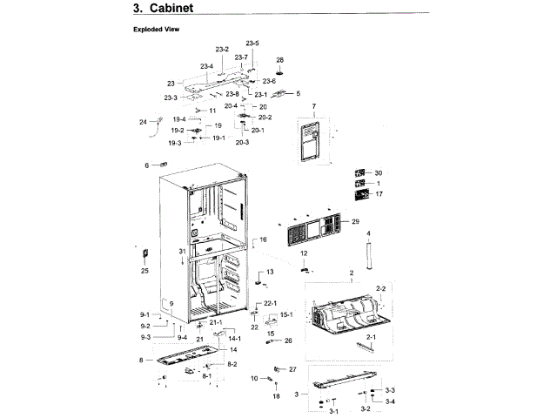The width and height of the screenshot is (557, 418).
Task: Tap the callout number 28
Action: [x=280, y=60]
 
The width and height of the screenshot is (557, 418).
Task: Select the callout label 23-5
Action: [x=252, y=44]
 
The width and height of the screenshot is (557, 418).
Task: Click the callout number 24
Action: [x=143, y=122]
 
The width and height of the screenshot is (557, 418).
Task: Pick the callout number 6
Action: [x=147, y=165]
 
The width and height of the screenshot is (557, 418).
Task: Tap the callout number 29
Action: [x=355, y=223]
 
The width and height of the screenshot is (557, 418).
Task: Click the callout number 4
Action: [x=368, y=233]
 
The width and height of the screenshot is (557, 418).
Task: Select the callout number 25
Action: [x=145, y=271]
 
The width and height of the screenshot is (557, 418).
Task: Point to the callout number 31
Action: [x=183, y=251]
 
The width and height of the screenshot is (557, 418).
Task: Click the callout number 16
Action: [x=263, y=239]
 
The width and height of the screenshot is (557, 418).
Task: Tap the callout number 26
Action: [x=288, y=340]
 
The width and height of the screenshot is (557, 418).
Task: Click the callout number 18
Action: [x=277, y=396]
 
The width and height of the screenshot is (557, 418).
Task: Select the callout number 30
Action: [x=379, y=172]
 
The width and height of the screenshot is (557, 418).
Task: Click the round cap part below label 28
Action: [x=280, y=72]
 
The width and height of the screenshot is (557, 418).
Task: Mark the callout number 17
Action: [x=379, y=194]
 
